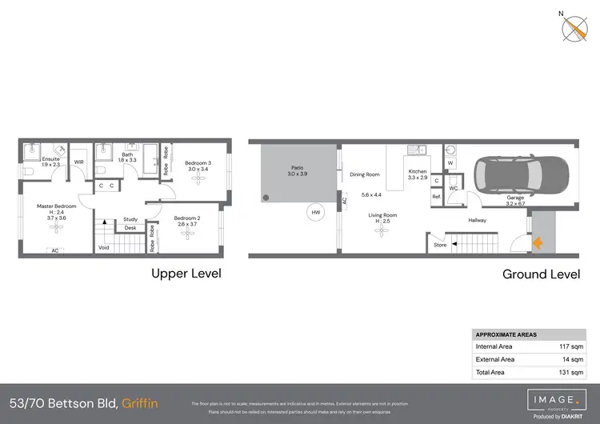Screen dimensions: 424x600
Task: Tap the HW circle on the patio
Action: pyautogui.click(x=316, y=212)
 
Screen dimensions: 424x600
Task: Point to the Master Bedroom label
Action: pyautogui.click(x=56, y=206)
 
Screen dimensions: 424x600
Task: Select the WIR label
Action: pyautogui.click(x=79, y=162)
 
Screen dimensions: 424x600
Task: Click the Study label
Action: pyautogui.click(x=130, y=218)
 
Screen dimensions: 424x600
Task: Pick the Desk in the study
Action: pyautogui.click(x=130, y=228)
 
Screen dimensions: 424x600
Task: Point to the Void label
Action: pyautogui.click(x=103, y=247)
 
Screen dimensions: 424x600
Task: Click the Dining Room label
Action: pyautogui.click(x=365, y=174)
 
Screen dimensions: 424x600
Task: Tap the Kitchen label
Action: pyautogui.click(x=418, y=171)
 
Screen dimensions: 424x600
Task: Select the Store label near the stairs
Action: pyautogui.click(x=440, y=246)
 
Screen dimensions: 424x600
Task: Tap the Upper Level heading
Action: pyautogui.click(x=186, y=274)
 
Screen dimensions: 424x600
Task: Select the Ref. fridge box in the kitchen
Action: pyautogui.click(x=437, y=196)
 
